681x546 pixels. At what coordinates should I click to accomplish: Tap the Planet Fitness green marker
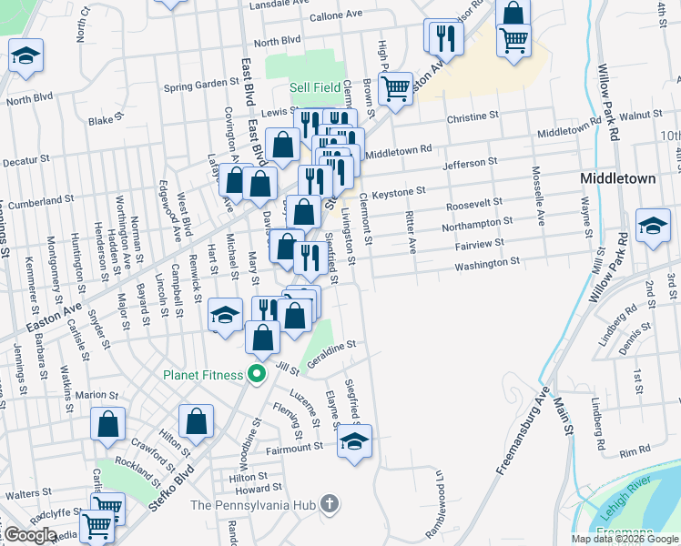pyautogui.click(x=258, y=374)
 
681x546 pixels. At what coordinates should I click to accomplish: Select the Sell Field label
pyautogui.click(x=315, y=88)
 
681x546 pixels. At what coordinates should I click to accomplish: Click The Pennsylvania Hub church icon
pyautogui.click(x=330, y=504)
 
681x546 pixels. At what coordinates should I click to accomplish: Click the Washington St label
pyautogui.click(x=487, y=262)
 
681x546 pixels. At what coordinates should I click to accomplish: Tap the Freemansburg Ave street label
pyautogui.click(x=519, y=436)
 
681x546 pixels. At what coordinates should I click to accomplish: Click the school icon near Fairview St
pyautogui.click(x=652, y=226)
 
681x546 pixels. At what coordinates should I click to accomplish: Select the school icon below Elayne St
pyautogui.click(x=355, y=442)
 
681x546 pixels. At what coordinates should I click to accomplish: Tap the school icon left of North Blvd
pyautogui.click(x=26, y=56)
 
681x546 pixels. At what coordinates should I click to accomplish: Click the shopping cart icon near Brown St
pyautogui.click(x=395, y=88)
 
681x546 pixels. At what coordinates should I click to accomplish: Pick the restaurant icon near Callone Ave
pyautogui.click(x=444, y=36)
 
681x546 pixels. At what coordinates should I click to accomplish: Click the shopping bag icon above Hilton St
pyautogui.click(x=196, y=421)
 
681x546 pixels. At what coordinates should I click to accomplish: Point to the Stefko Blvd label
pyautogui.click(x=173, y=489)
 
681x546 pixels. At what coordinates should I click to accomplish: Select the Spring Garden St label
pyautogui.click(x=200, y=85)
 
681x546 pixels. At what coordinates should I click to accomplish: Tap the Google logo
pyautogui.click(x=30, y=535)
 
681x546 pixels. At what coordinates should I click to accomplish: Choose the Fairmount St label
pyautogui.click(x=294, y=447)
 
